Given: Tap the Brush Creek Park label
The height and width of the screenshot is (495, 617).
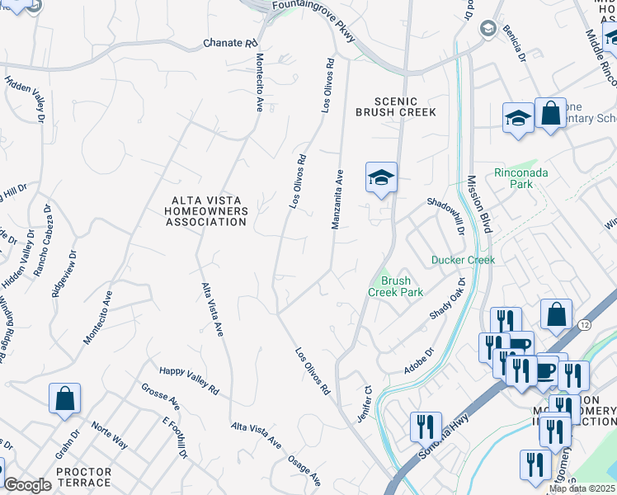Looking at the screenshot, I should click(395, 286).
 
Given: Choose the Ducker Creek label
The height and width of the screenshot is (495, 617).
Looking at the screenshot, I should click(463, 260).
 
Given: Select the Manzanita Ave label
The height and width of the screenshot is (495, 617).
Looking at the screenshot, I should click(338, 200).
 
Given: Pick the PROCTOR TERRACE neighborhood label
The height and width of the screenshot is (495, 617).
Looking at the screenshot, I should click(83, 477).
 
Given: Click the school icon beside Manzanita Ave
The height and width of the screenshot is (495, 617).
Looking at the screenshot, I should click(381, 178).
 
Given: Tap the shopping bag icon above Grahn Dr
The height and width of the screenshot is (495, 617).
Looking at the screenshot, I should click(64, 399).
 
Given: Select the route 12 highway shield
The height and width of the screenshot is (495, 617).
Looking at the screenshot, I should click(584, 326).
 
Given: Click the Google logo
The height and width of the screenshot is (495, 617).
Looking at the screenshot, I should click(27, 486).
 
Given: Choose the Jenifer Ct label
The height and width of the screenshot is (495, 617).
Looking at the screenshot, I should click(367, 400).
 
